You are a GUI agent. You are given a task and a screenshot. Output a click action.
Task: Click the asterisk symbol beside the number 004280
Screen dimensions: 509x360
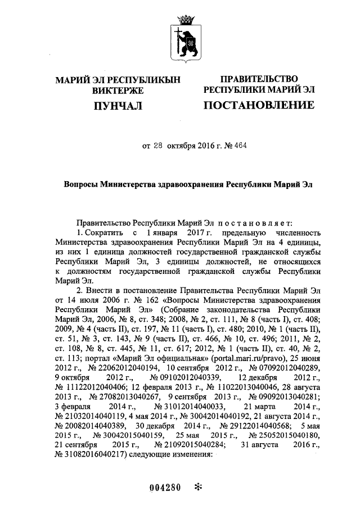point(197,487)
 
